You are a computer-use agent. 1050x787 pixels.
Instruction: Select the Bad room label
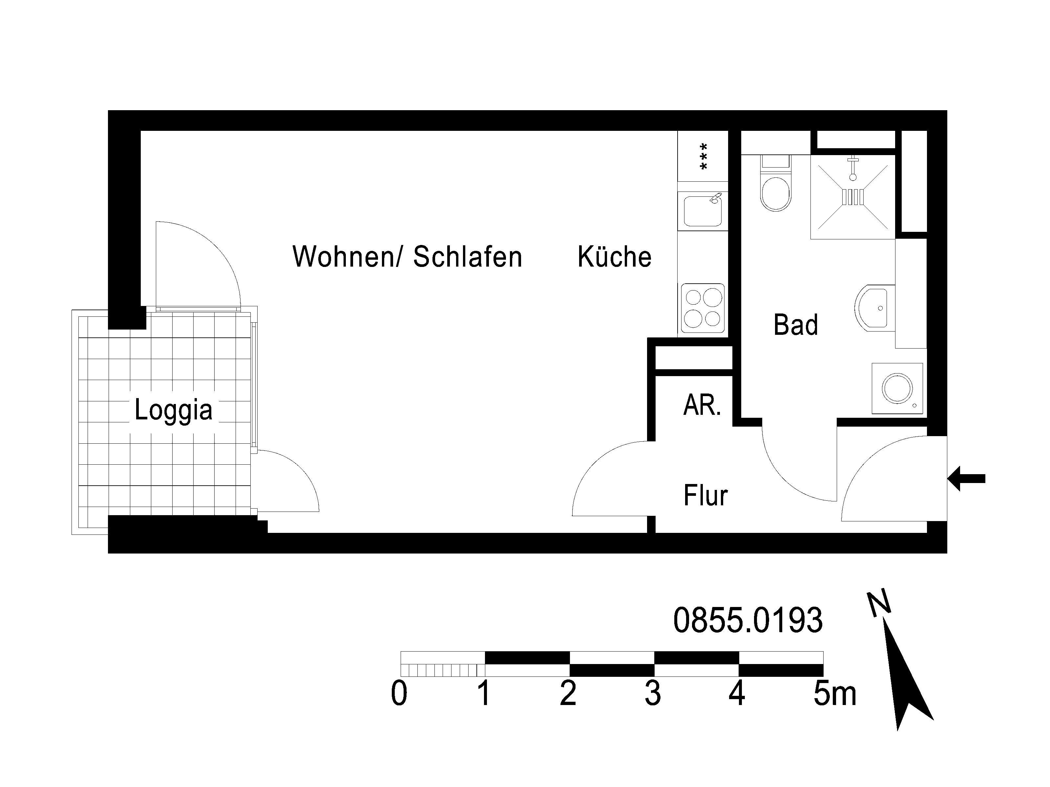[x=796, y=325]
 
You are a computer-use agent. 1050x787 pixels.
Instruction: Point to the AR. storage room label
[x=703, y=406]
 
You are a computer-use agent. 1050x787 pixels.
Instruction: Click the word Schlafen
[x=468, y=257]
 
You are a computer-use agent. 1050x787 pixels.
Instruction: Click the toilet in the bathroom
[x=776, y=185]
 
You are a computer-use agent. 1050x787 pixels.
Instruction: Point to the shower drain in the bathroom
[x=853, y=196]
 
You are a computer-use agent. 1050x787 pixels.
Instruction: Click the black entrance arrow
[x=966, y=479]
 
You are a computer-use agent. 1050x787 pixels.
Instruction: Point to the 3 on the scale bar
[x=653, y=694]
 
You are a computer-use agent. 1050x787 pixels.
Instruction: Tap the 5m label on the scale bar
[x=835, y=694]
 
